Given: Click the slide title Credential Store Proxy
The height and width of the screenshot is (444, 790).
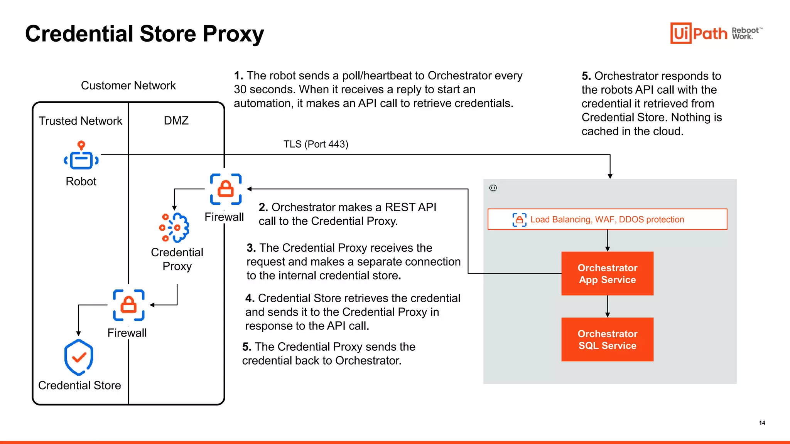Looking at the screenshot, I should pyautogui.click(x=144, y=34).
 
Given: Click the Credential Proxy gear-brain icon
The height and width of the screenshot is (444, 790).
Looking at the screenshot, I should pyautogui.click(x=174, y=227).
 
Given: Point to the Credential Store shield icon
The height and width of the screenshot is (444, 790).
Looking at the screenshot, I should pyautogui.click(x=79, y=357).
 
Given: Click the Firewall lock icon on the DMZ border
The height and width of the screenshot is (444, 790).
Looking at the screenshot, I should pyautogui.click(x=226, y=189).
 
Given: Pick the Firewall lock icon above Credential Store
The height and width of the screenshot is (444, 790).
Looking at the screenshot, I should pyautogui.click(x=128, y=305).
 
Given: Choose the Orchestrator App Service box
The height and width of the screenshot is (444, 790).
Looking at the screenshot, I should pyautogui.click(x=607, y=274).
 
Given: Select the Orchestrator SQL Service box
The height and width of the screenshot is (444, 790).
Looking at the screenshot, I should pyautogui.click(x=607, y=340).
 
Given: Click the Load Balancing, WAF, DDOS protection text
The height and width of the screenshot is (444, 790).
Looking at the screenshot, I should pyautogui.click(x=607, y=220).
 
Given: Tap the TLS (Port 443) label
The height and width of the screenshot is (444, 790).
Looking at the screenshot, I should pyautogui.click(x=316, y=144).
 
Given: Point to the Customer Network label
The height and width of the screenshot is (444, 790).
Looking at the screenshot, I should pyautogui.click(x=128, y=86).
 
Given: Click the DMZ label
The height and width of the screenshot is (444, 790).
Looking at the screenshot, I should pyautogui.click(x=176, y=121).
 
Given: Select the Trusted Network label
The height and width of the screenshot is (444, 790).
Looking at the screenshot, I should pyautogui.click(x=80, y=121).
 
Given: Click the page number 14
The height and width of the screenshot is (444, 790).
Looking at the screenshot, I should pyautogui.click(x=762, y=423).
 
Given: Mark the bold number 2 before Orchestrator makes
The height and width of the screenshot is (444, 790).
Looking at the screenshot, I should pyautogui.click(x=263, y=207).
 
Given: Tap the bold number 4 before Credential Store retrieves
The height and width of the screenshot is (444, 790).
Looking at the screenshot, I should pyautogui.click(x=250, y=298).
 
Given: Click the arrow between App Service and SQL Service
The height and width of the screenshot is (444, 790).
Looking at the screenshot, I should pyautogui.click(x=608, y=306).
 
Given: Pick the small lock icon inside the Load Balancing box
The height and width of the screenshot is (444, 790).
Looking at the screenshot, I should pyautogui.click(x=519, y=220).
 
